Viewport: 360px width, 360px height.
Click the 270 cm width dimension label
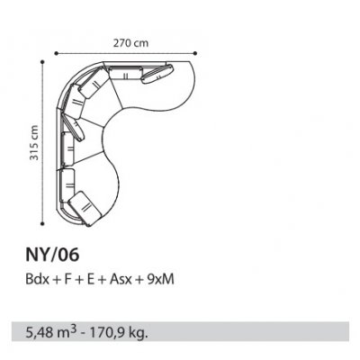point(130,43)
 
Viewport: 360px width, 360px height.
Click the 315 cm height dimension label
point(34,143)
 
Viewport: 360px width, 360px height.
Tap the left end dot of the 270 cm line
point(56,53)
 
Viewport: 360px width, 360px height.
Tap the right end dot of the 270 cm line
point(195,53)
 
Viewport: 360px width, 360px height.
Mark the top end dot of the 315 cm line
point(42,62)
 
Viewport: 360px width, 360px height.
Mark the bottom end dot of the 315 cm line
point(42,223)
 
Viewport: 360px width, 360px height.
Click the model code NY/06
point(52,255)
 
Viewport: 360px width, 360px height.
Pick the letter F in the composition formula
point(67,280)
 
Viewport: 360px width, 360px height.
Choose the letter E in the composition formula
point(91,280)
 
